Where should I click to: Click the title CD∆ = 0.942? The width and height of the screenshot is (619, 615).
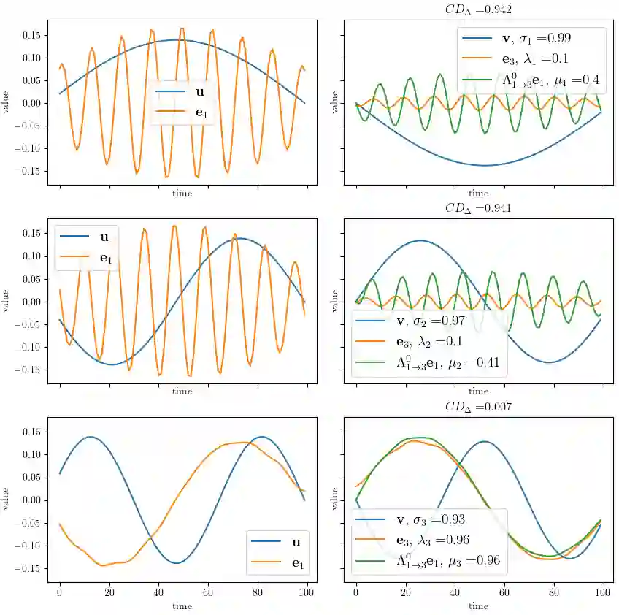478,9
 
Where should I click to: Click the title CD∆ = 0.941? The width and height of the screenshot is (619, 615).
478,207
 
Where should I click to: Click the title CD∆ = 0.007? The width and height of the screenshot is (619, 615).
478,406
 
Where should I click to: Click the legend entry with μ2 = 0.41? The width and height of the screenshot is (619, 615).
430,363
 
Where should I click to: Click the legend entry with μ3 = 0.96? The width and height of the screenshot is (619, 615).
430,562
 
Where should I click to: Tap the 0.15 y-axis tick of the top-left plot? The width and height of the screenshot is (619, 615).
31,34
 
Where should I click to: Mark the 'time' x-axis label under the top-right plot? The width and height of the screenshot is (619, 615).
478,194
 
